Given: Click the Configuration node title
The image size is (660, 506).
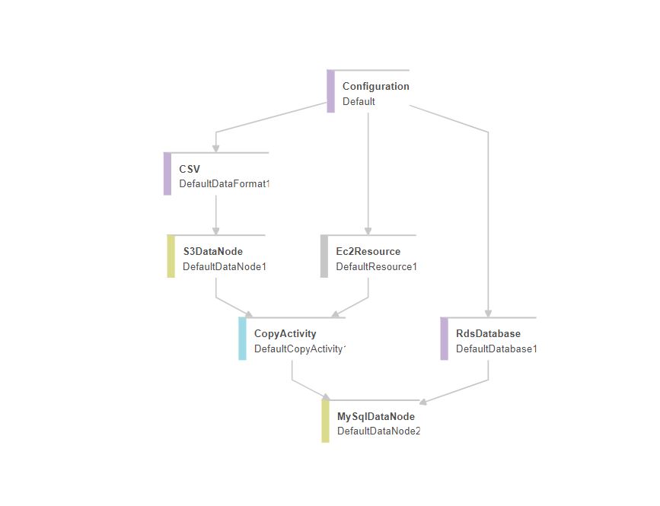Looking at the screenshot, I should tap(375, 87).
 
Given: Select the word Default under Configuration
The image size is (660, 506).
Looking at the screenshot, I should tap(359, 101).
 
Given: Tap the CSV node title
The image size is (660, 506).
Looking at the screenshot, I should tap(190, 169).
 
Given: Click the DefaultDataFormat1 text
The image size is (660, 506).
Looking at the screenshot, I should tap(225, 184).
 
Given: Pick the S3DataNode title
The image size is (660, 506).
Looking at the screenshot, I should tap(213, 251).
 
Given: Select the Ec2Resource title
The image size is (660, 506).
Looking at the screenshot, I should tap(368, 251).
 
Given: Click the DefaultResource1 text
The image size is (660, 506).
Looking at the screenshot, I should tap(376, 266).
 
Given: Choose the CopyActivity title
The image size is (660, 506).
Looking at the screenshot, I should tap(285, 333).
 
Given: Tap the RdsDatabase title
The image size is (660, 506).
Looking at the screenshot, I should tap(488, 333).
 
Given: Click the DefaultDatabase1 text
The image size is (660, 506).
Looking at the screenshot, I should tap(496, 348).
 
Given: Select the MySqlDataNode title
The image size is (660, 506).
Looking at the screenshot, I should tap(376, 416).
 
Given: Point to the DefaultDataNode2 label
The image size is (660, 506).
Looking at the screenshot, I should tap(379, 431).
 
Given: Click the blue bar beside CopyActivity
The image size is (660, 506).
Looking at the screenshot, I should tap(242, 339).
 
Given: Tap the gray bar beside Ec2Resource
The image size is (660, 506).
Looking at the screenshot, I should tap(324, 256).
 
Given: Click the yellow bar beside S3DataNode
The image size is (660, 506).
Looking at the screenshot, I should tap(171, 256).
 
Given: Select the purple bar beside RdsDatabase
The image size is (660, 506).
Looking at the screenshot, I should tap(445, 339).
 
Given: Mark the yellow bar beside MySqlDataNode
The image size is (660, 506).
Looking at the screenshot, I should tap(326, 421).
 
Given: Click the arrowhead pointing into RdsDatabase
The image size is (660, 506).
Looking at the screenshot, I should tap(488, 313).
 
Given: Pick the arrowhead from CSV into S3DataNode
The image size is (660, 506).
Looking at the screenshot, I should tap(216, 231).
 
